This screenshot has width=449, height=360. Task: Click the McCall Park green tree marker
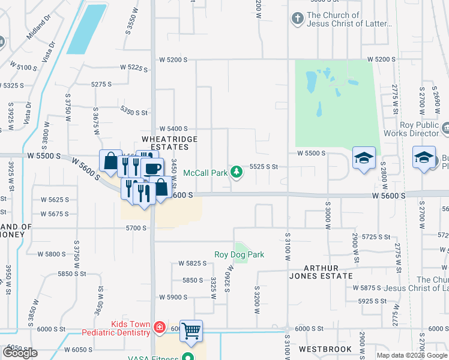click(237, 172)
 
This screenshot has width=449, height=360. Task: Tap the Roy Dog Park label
click(240, 254)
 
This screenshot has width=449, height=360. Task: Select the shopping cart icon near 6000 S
click(191, 330)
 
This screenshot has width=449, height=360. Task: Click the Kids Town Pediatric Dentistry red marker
click(160, 328)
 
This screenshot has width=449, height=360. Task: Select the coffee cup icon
click(152, 168)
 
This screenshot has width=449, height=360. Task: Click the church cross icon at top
click(297, 19)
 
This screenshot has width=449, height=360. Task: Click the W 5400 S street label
click(173, 129)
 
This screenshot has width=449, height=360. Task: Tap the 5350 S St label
click(133, 112)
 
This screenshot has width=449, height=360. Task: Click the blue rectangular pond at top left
click(85, 29)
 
